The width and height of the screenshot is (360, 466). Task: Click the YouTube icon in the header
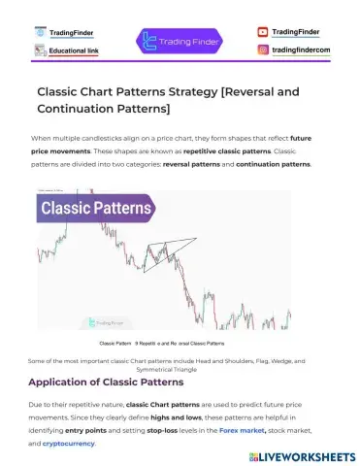pos(263,32)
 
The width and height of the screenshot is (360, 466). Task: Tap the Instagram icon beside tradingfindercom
pos(263,50)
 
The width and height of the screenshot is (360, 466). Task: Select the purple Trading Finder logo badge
pos(179,41)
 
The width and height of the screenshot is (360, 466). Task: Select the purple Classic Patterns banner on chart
pos(95,208)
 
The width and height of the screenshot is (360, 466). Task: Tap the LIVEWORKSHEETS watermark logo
pos(298,452)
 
